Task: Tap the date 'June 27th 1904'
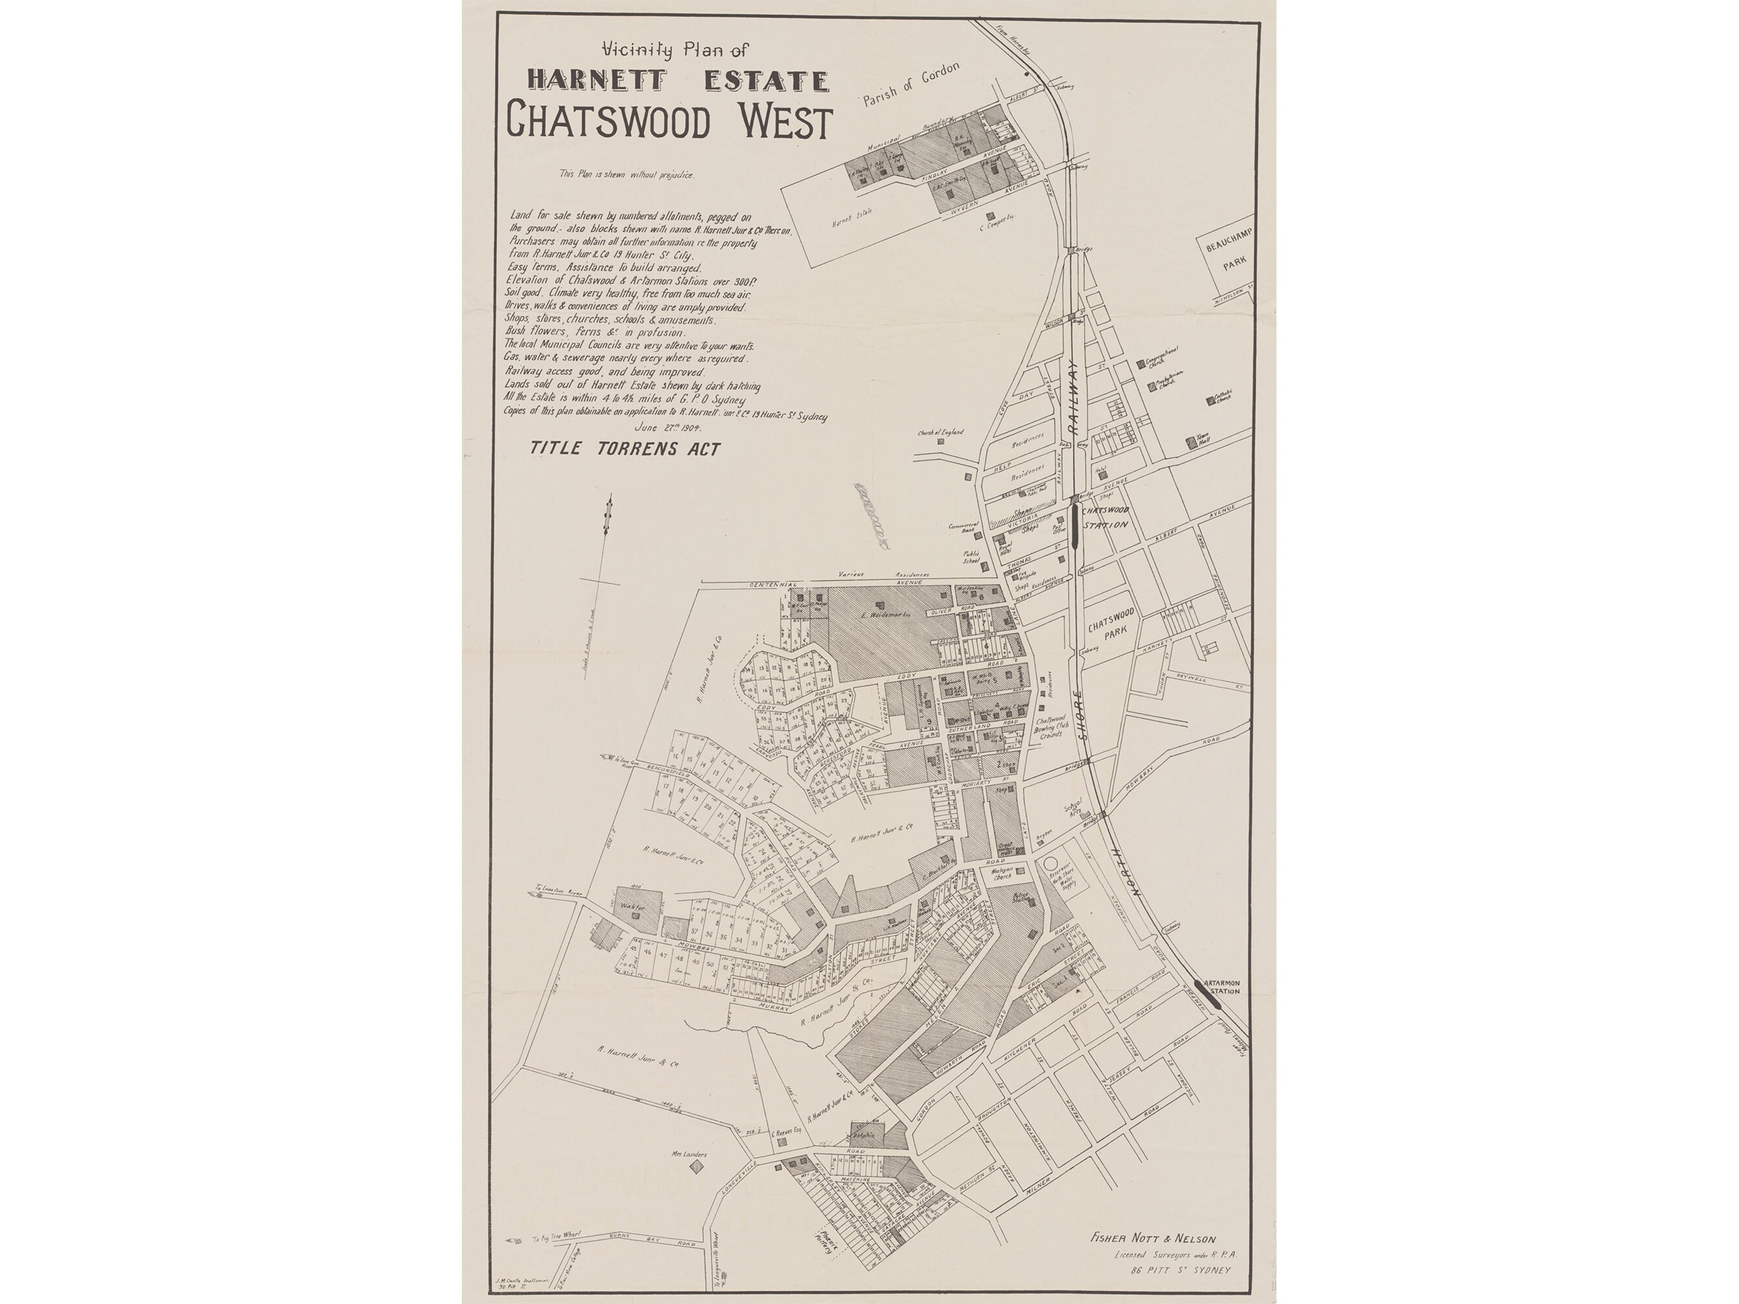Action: point(667,428)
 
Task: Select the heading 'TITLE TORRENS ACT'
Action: point(625,449)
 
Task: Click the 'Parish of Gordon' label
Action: point(911,85)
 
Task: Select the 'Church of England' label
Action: point(939,432)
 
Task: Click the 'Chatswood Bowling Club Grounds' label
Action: point(1050,727)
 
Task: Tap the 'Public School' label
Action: point(972,557)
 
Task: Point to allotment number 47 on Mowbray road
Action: point(663,956)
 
